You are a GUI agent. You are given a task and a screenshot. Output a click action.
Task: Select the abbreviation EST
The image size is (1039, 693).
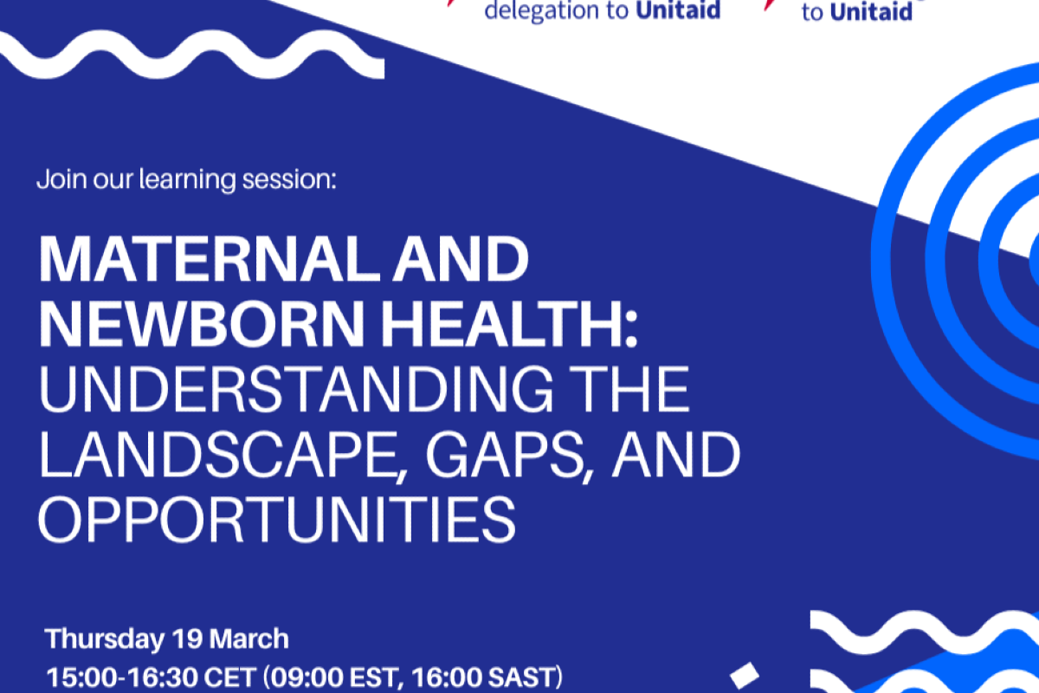click(375, 677)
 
